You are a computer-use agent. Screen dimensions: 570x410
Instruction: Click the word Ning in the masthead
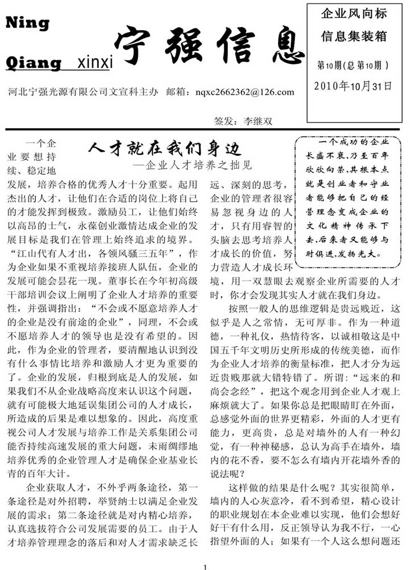tap(27, 23)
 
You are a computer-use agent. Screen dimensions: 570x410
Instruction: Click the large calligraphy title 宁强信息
tap(208, 46)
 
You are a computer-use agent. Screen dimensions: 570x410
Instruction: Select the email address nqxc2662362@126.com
tap(244, 92)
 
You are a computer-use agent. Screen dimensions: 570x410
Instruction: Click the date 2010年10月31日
tap(353, 86)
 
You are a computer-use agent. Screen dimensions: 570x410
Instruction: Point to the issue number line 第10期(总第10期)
tap(353, 66)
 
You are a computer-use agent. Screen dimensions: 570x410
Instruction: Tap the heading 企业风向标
tap(354, 13)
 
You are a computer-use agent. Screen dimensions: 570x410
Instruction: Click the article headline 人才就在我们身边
tap(165, 150)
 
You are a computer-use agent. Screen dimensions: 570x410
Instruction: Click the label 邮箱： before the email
tap(178, 92)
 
